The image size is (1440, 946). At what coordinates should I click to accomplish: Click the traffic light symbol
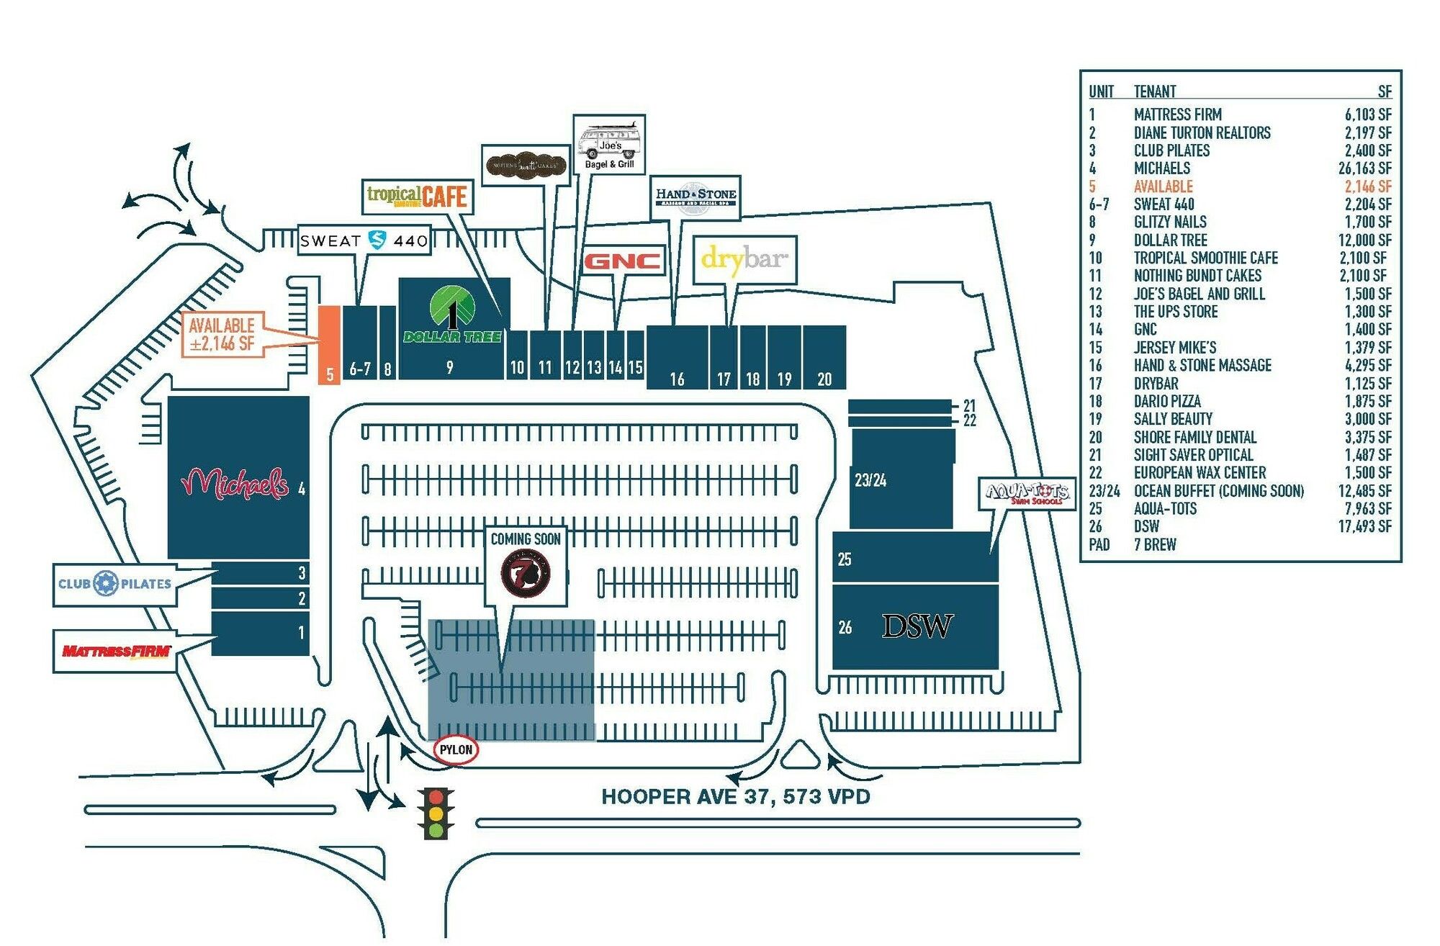pos(436,813)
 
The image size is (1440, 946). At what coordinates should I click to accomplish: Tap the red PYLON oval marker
pos(456,749)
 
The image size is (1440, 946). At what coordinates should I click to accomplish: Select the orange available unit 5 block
pos(329,344)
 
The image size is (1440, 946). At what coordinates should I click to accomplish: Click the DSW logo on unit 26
pos(917,626)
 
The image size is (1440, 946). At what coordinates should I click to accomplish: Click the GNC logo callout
pos(622,261)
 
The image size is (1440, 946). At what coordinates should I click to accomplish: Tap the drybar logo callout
pos(744,259)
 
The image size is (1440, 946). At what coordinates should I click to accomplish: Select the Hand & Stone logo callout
pos(696,197)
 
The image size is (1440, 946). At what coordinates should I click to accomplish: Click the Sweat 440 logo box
pos(364,240)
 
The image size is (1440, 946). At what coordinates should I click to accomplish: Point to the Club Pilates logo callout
pos(115,584)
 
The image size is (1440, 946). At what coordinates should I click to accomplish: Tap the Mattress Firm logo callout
pos(115,652)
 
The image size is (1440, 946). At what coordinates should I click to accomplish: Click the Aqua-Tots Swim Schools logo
pos(1027,494)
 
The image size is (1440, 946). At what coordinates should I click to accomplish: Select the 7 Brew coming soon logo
pos(526,573)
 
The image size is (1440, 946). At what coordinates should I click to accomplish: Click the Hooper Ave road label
pos(736,796)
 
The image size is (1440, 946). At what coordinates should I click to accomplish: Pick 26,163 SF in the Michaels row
pos(1364,168)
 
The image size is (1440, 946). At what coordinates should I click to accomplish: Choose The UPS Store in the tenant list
pos(1176,312)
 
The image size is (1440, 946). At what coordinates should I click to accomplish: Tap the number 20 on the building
pos(824,379)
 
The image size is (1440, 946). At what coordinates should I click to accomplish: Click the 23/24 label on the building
pos(870,480)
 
